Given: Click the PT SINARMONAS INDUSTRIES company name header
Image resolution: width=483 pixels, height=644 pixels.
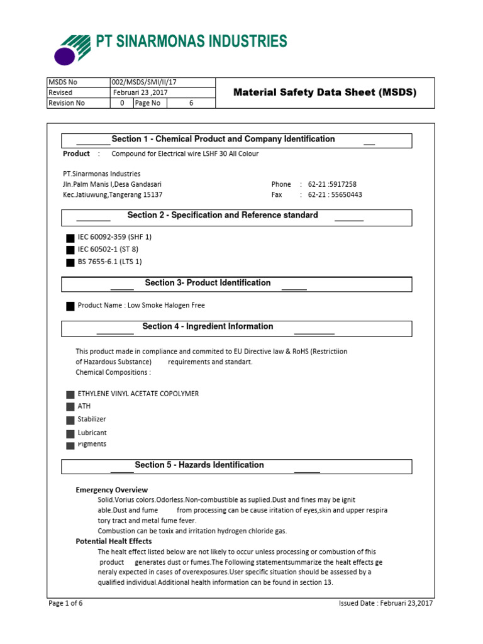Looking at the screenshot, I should click(191, 42).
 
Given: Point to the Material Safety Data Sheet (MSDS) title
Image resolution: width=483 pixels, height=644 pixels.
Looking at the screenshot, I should click(325, 92).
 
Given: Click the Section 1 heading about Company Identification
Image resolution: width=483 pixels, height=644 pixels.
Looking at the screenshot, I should click(223, 140).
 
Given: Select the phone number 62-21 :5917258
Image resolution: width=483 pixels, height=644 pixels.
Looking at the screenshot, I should click(331, 184).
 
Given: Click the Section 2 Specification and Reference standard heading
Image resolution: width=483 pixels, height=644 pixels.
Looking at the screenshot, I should click(223, 216).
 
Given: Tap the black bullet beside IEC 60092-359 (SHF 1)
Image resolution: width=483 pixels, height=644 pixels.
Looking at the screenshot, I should click(70, 238).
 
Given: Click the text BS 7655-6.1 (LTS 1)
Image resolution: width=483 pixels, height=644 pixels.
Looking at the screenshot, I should click(105, 262).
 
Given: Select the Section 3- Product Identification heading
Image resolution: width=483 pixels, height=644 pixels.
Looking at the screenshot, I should click(208, 283).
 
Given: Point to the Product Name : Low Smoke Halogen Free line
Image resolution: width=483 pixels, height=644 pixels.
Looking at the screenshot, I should click(141, 306).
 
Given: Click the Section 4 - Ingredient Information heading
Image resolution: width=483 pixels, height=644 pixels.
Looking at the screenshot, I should click(208, 326).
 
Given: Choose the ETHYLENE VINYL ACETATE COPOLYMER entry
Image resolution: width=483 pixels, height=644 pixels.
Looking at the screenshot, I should click(138, 394).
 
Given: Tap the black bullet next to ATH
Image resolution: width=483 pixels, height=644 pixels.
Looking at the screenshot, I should click(70, 408).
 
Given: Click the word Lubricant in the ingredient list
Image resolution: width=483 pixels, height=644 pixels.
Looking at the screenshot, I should click(92, 433).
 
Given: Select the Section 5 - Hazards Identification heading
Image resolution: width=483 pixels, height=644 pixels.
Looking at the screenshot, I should click(199, 465).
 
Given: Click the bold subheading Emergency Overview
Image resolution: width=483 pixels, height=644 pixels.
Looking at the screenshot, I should click(112, 490).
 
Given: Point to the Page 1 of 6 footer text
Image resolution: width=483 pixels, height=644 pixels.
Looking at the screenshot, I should click(66, 604).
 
